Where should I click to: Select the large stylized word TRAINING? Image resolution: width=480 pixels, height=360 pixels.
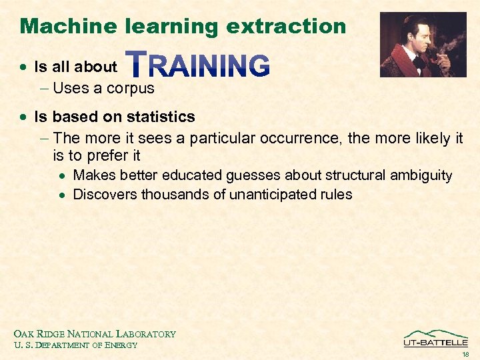click(x=198, y=65)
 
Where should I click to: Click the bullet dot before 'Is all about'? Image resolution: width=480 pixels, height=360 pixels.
click(x=25, y=67)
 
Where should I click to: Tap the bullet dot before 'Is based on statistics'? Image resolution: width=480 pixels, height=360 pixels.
click(x=25, y=117)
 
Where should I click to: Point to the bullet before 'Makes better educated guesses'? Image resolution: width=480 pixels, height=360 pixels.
click(x=63, y=176)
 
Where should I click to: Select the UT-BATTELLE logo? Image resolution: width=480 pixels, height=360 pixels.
click(x=435, y=338)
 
